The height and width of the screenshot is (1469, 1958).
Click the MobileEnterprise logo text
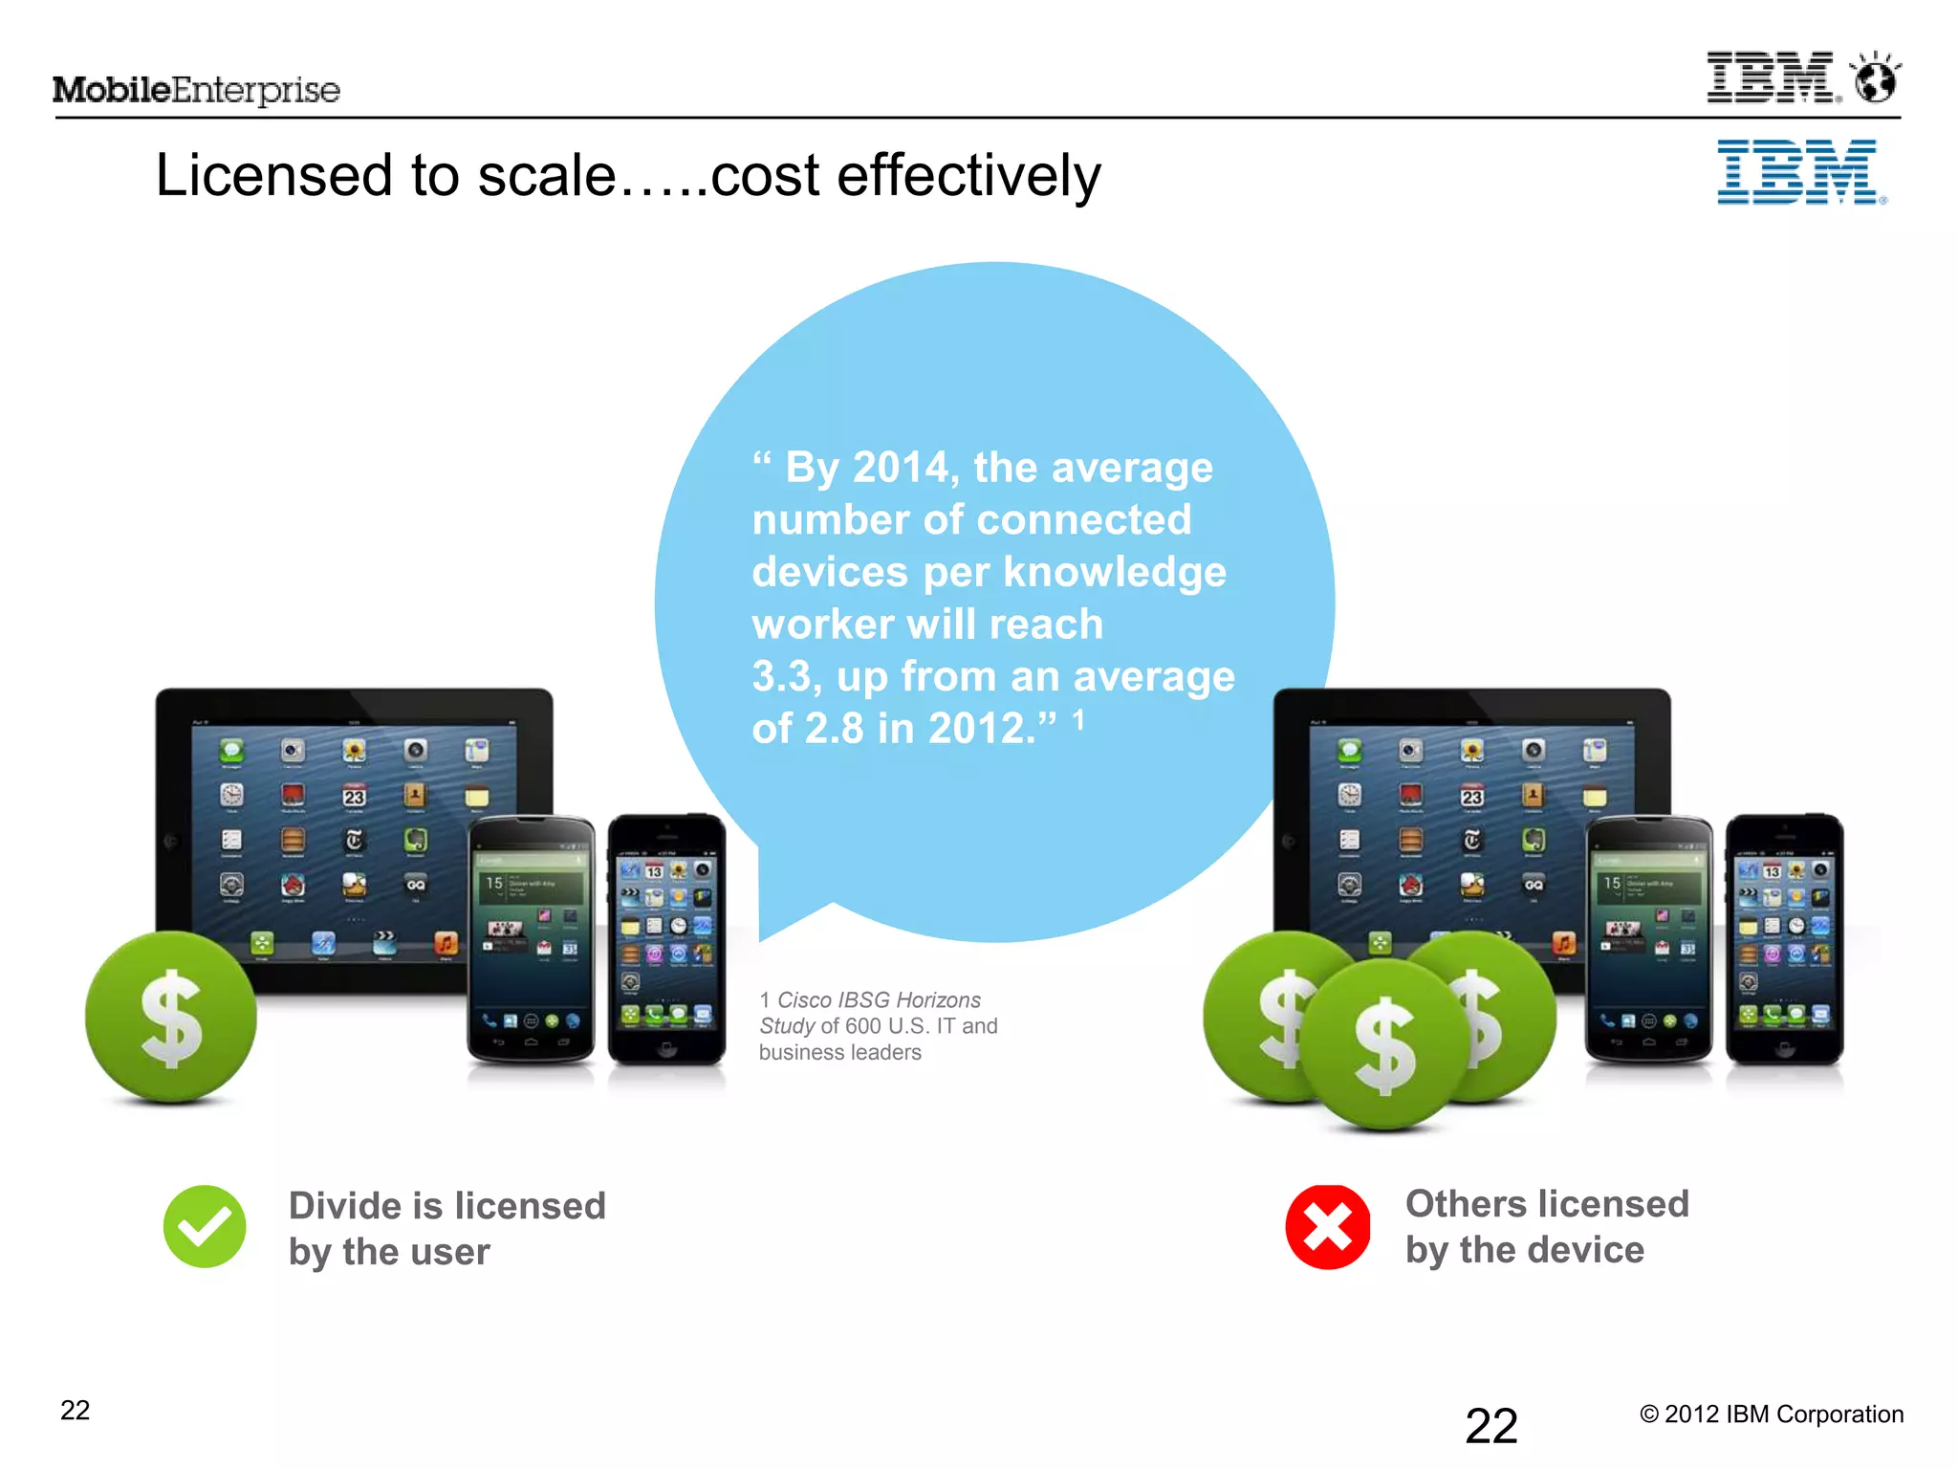click(x=196, y=90)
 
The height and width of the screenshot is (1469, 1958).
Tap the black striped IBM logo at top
click(x=1772, y=77)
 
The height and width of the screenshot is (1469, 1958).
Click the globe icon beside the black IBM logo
click(x=1876, y=78)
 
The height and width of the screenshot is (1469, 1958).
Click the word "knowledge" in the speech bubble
click(x=1114, y=573)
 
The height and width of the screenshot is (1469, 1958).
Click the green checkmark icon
click(x=205, y=1227)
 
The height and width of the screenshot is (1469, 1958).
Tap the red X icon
click(x=1328, y=1227)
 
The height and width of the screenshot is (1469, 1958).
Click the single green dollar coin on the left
click(x=171, y=1018)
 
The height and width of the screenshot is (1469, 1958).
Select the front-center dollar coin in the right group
click(x=1384, y=1045)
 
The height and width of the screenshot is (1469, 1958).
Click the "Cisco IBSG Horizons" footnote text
click(x=879, y=1000)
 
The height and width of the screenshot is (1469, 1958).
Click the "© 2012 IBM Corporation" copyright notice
click(x=1772, y=1414)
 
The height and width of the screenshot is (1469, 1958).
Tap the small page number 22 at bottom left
click(x=76, y=1411)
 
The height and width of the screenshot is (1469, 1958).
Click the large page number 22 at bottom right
click(x=1491, y=1427)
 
